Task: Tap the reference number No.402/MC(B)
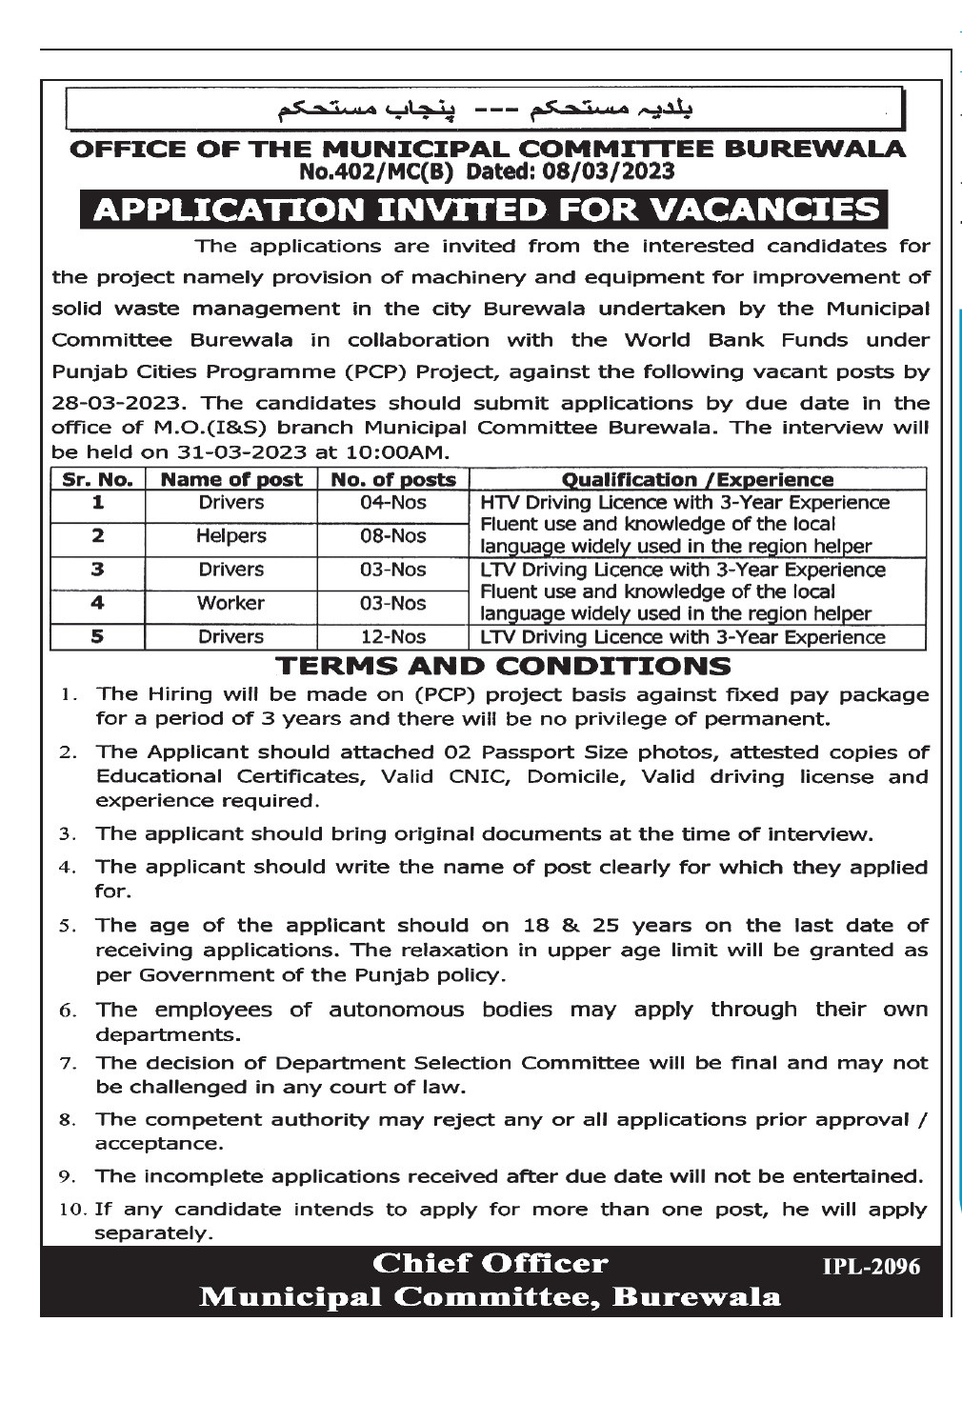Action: click(379, 171)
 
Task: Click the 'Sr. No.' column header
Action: click(97, 479)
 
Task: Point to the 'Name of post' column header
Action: click(231, 479)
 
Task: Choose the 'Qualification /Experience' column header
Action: click(697, 479)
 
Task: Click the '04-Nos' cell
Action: click(392, 502)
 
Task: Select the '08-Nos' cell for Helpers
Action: click(392, 535)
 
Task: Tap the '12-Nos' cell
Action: click(392, 636)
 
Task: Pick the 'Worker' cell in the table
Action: click(230, 603)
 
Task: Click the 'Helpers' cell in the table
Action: click(230, 535)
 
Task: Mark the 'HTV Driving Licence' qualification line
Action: click(685, 502)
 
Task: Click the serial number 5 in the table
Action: click(97, 636)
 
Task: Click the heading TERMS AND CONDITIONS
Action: click(503, 666)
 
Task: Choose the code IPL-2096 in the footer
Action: click(872, 1266)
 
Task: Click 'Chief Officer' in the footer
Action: click(490, 1264)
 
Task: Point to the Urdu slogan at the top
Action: click(486, 107)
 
